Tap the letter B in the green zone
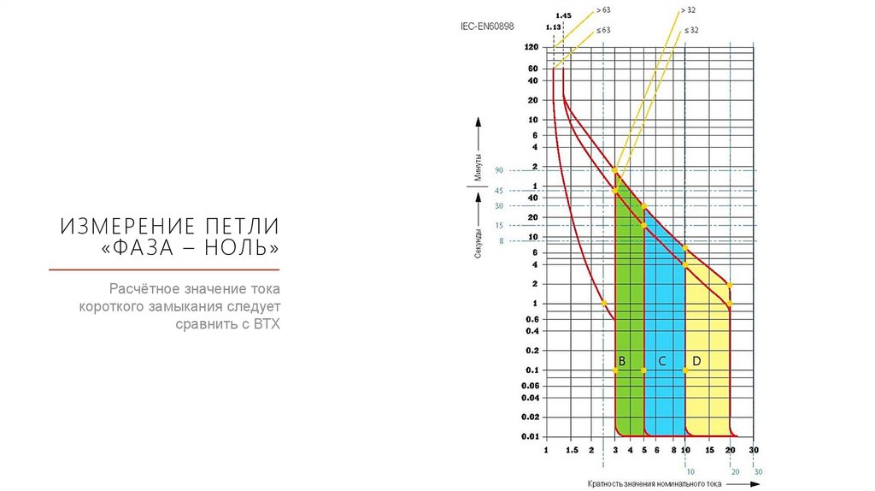click(x=622, y=362)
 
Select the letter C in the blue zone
click(x=661, y=362)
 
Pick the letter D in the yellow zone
click(x=696, y=362)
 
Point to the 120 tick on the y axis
click(x=531, y=48)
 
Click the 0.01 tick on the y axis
click(x=530, y=437)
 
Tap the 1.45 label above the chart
click(x=563, y=16)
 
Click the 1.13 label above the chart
click(x=552, y=27)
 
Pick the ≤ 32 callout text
click(x=691, y=30)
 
